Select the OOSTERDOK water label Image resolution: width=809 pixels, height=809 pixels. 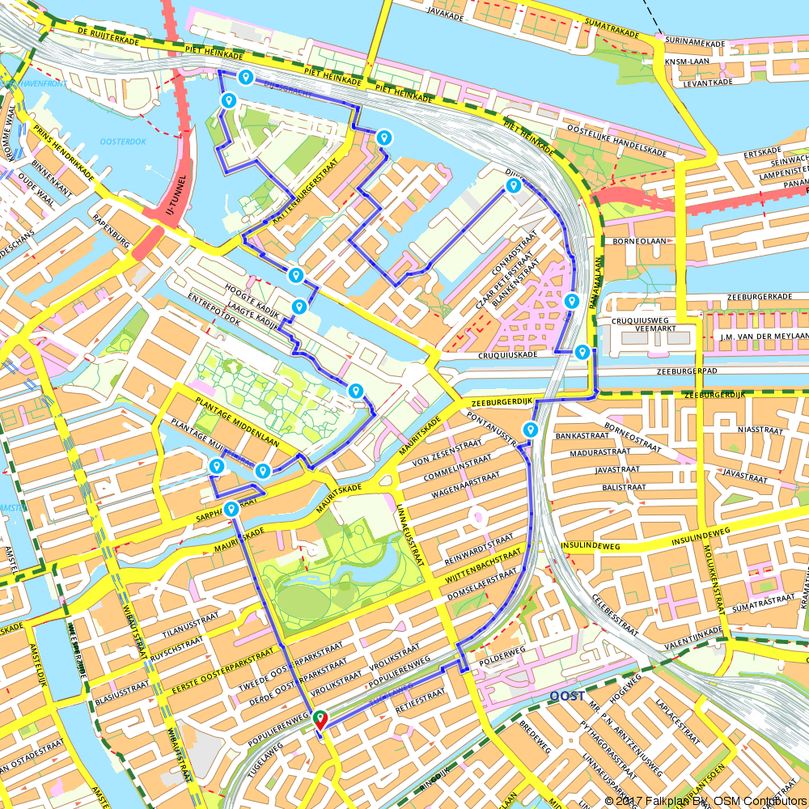point(124,142)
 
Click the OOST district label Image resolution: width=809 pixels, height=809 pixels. point(566,697)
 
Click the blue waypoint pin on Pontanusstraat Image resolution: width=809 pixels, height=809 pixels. point(531,429)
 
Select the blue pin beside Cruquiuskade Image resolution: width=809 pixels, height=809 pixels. point(582,352)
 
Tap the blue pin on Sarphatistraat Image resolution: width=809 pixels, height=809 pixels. point(232,508)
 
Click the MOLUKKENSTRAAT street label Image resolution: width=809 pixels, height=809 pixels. point(719,567)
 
